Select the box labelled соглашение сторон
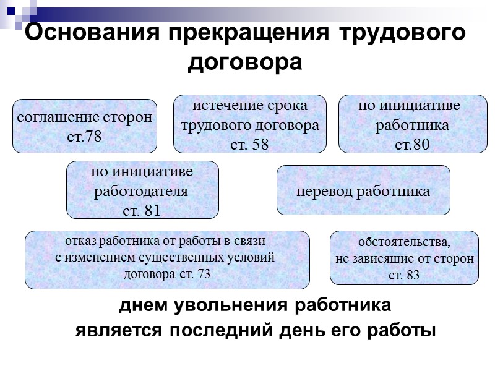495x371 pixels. coord(85,126)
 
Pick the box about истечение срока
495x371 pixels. coord(249,124)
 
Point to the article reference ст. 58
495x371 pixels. coord(249,145)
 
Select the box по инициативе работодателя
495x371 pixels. coord(142,190)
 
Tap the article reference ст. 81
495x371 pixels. coord(142,210)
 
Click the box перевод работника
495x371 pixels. coord(363,190)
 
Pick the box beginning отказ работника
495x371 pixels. coord(167,259)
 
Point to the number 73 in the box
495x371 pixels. coord(203,275)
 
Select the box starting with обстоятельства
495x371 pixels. coord(404,258)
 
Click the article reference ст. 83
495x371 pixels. coord(404,275)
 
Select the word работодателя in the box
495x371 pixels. coord(140,192)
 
